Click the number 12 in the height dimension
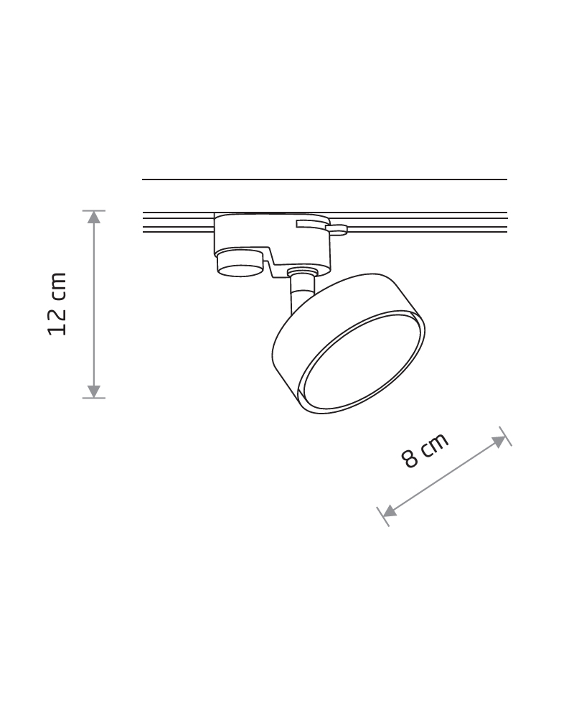pyautogui.click(x=57, y=321)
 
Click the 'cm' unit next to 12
pyautogui.click(x=59, y=286)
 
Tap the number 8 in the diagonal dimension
pyautogui.click(x=410, y=458)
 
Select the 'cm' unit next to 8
pyautogui.click(x=434, y=444)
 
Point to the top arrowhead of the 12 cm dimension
pyautogui.click(x=94, y=217)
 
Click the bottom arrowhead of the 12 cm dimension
pyautogui.click(x=94, y=391)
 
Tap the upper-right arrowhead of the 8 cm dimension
pyautogui.click(x=499, y=442)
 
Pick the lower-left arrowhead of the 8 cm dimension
pyautogui.click(x=389, y=511)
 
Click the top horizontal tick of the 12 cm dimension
pyautogui.click(x=94, y=210)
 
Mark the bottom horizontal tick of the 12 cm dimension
pyautogui.click(x=94, y=398)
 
